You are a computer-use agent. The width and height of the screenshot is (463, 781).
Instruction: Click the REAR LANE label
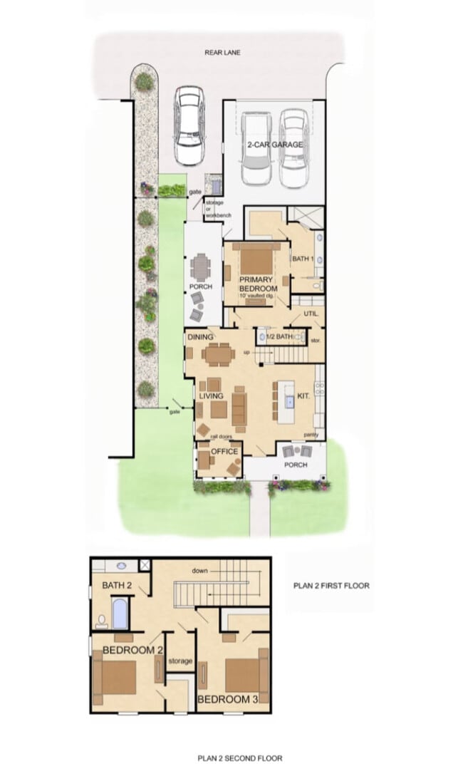tap(219, 52)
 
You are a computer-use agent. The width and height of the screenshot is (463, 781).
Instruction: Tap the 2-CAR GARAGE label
tap(275, 145)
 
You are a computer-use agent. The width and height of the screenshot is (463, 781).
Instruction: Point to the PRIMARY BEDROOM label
tap(257, 284)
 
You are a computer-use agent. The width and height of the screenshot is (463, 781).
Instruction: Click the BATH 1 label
tap(303, 259)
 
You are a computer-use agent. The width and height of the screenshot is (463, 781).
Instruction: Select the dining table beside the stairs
tap(218, 353)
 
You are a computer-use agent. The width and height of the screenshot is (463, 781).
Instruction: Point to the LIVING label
tap(211, 396)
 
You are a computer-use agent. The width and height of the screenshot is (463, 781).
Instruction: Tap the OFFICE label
tap(224, 451)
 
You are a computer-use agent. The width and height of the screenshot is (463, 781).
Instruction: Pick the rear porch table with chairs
tap(202, 267)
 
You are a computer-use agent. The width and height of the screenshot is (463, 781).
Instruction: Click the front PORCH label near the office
tap(296, 465)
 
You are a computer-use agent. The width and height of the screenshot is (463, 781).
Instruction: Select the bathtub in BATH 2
tap(120, 615)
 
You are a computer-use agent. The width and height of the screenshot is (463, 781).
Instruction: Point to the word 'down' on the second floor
tap(199, 571)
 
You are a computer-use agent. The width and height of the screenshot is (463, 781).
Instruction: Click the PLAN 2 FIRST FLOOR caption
tap(331, 586)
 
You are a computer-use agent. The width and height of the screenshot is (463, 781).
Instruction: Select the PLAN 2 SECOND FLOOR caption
tap(234, 758)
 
